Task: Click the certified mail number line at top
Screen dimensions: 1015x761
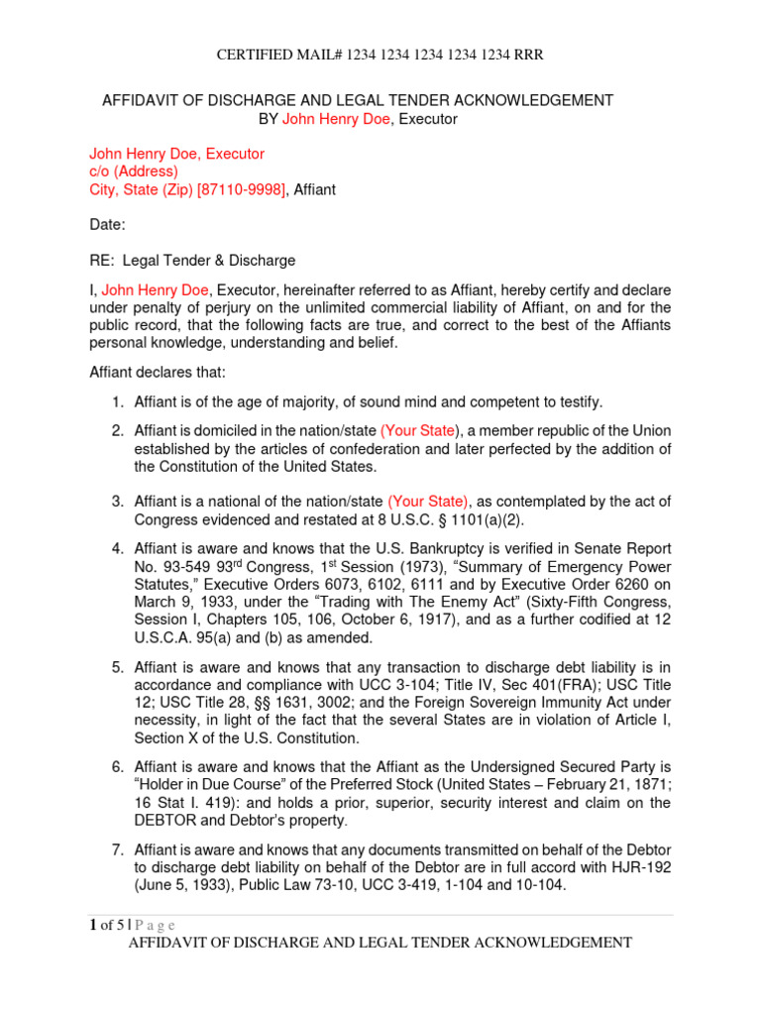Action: point(380,55)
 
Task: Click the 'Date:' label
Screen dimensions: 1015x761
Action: point(108,225)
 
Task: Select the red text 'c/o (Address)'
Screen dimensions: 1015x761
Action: point(134,171)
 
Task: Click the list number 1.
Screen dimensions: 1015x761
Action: point(116,401)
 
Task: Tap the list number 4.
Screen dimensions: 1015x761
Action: point(116,548)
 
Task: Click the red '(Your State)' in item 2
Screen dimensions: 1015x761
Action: point(420,430)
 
